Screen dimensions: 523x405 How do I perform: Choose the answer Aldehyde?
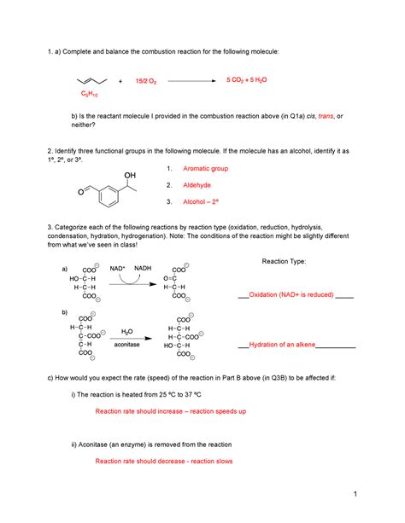tap(197, 185)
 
